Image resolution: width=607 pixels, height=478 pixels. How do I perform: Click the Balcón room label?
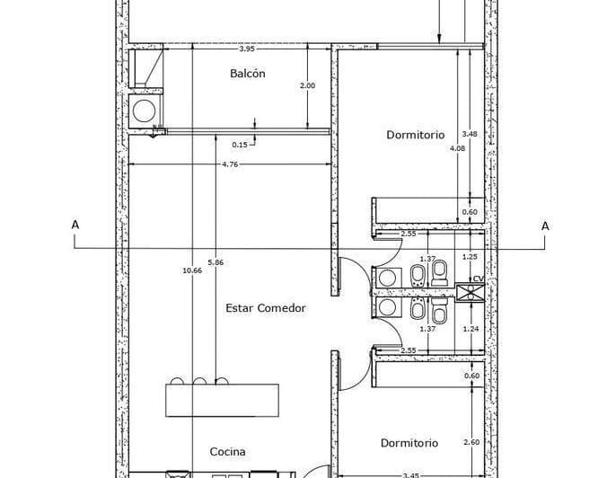coord(248,74)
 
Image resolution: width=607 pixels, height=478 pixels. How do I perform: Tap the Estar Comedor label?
coord(265,308)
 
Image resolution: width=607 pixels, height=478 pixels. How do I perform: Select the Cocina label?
coord(228,452)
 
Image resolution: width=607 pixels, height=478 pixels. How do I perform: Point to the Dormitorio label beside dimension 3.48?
coord(415,135)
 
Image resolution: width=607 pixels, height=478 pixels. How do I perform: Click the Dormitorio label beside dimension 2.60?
coord(409,443)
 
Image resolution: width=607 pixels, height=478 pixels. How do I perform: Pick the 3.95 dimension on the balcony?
coord(249,49)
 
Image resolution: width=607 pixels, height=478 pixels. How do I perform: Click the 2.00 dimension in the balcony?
coord(307,86)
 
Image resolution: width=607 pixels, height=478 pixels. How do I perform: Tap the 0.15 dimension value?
coord(240,144)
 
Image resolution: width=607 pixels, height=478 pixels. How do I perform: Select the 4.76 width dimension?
coord(231,164)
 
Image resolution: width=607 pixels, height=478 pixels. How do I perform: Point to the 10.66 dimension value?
coord(191,270)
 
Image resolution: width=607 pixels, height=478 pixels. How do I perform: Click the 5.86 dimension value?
coord(216,262)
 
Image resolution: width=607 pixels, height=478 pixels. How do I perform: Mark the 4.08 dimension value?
coord(458,148)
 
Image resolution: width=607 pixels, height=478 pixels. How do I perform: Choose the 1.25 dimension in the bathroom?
coord(469,258)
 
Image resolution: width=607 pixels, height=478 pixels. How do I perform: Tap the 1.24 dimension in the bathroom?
coord(469,330)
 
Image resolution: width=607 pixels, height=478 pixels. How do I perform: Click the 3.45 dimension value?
coord(410,474)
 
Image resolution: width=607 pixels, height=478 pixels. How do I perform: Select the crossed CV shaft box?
coord(470,293)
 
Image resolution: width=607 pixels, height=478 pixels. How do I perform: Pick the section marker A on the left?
coord(75,226)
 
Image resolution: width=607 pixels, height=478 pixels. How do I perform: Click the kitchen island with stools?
coord(207,399)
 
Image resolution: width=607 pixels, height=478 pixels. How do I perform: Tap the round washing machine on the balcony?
coord(144,111)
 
